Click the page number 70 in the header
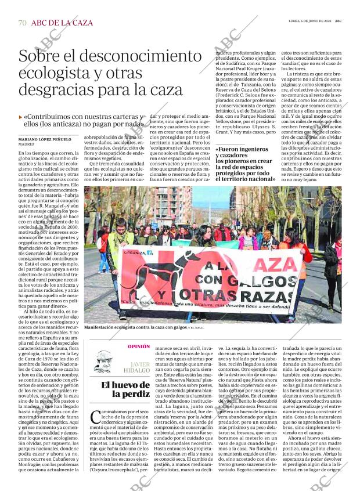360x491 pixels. coord(22,23)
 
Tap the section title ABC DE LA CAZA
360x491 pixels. coord(62,23)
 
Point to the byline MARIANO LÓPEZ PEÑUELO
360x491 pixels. coord(45,139)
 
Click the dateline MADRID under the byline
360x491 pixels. coord(26,145)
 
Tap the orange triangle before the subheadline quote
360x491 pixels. coord(21,117)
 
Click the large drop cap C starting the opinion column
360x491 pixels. coord(97,418)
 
